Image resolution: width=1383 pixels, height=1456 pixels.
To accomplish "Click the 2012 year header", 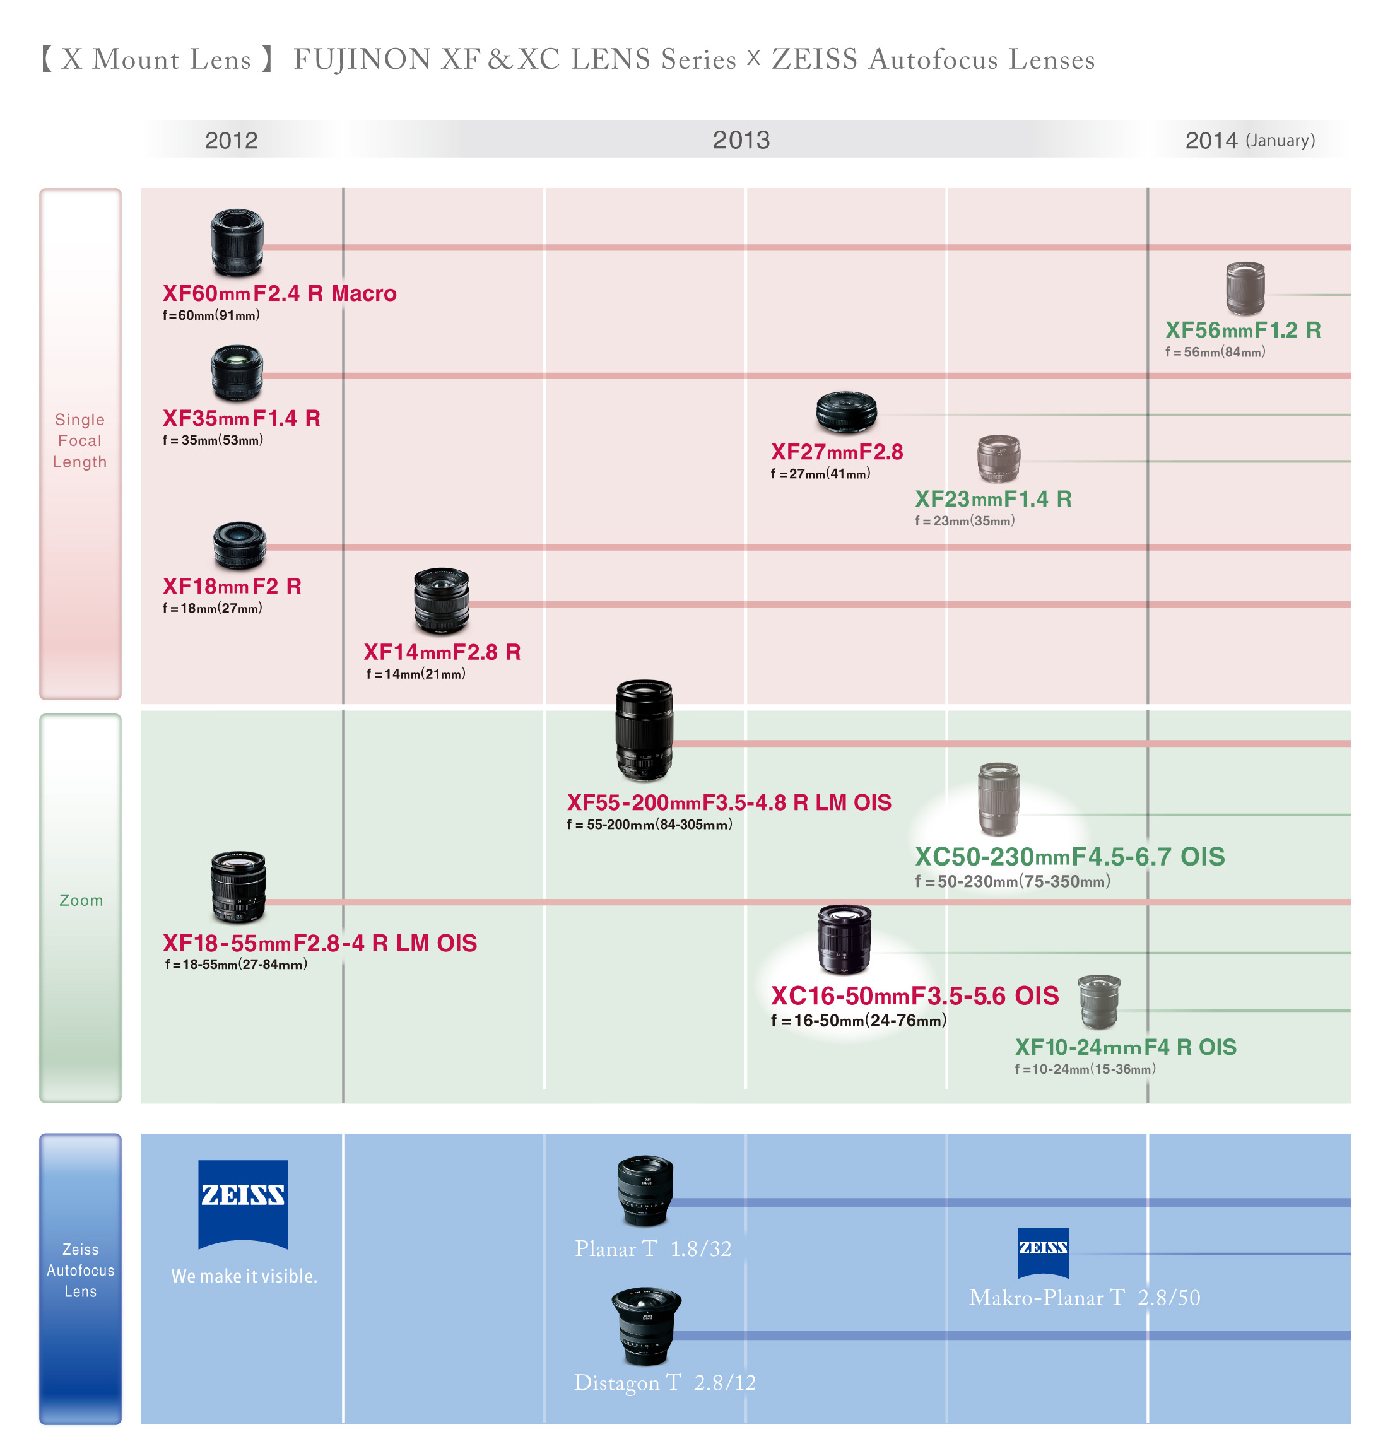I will coord(231,140).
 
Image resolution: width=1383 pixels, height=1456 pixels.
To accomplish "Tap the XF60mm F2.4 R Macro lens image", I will coord(237,242).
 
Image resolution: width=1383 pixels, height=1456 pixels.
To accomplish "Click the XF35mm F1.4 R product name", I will coord(241,418).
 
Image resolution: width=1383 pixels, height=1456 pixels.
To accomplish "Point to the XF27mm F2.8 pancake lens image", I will coord(845,411).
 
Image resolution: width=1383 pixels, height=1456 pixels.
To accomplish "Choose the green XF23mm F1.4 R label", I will coord(992,499).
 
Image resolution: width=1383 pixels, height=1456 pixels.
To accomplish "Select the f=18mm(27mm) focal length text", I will coord(213,608).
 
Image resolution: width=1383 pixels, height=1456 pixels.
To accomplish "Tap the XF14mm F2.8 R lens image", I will coord(441,601).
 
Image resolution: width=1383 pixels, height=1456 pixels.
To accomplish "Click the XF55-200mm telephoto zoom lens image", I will coord(644,730).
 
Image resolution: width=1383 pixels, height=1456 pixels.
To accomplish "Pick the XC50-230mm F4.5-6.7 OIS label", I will coord(1069,857).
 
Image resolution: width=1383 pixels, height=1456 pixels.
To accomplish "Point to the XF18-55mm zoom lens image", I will coord(237,886).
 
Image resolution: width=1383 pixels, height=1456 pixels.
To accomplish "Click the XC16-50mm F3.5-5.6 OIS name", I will coord(914,996).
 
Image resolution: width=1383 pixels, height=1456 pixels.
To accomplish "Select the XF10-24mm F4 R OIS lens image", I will coord(1098,1001).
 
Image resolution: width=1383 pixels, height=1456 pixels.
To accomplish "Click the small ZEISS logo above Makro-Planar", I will coord(1042,1251).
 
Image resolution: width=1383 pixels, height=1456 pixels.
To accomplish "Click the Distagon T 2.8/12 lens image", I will coord(646,1325).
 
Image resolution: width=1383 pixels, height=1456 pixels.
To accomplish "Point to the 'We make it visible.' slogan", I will coord(244,1276).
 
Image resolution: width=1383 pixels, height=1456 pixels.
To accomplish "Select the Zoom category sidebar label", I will coord(81,900).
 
